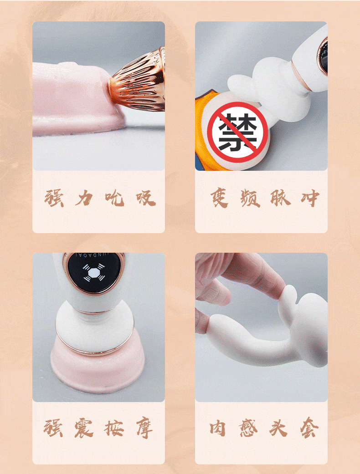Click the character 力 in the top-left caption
coord(84,199)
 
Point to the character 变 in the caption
coord(219,199)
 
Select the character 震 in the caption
coord(84,428)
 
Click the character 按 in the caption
coord(114,428)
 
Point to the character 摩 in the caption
coord(145,428)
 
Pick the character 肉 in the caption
coord(218,428)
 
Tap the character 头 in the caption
coord(278,428)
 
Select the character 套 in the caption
coord(309,428)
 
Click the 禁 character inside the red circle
coord(237,133)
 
